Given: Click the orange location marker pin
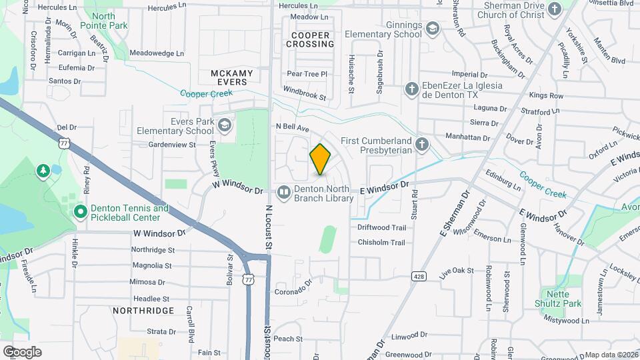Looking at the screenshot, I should point(321,159).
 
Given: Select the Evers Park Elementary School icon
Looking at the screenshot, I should point(225,125).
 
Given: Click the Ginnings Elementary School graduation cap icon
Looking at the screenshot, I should point(433,29).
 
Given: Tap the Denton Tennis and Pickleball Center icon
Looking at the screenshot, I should point(81,213).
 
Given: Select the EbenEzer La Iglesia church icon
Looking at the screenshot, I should point(413,89).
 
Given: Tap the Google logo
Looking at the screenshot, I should point(22,351).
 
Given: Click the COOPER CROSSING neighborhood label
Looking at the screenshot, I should point(310,39).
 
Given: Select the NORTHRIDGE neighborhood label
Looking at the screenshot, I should point(143,311).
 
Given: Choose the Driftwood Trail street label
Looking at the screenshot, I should point(381,227).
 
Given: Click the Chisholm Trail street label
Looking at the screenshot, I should point(381,243).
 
